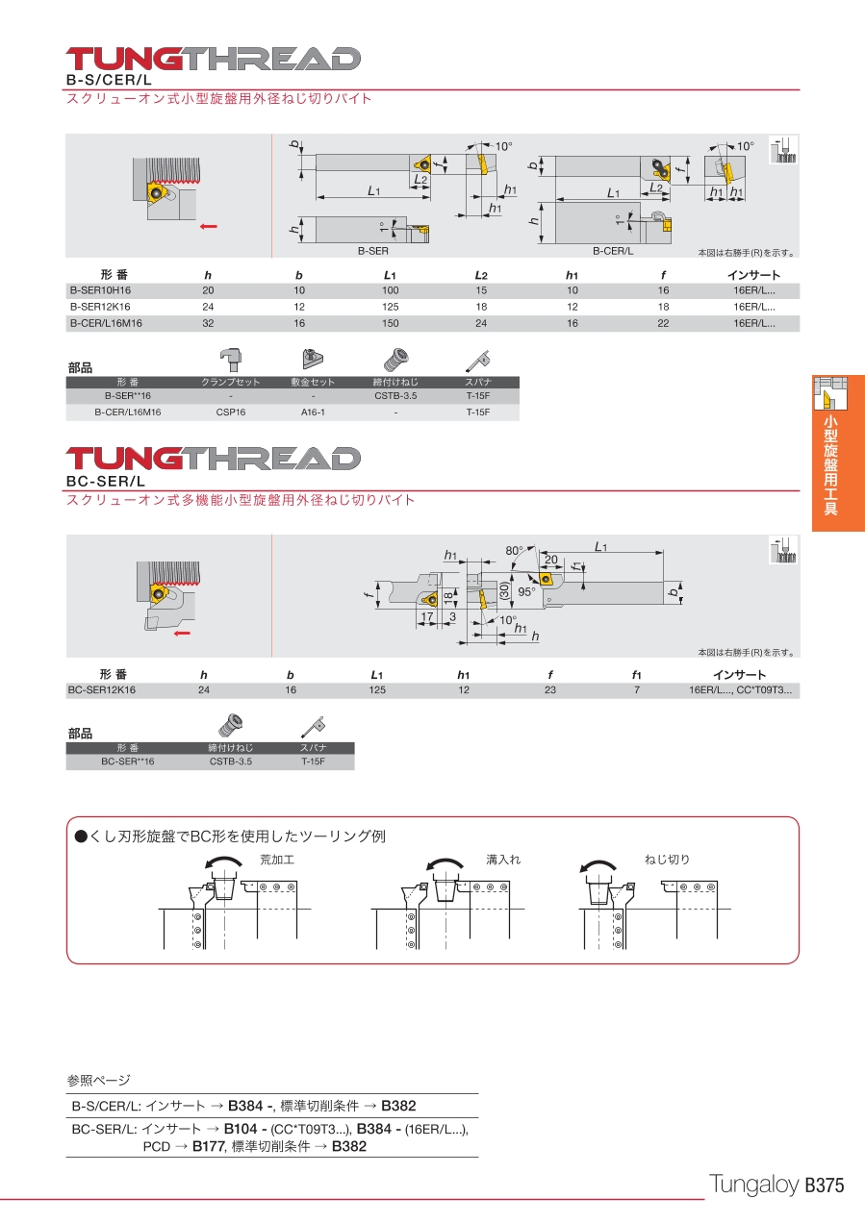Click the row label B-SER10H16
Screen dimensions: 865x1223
(100, 290)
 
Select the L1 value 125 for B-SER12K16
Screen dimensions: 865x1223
(390, 307)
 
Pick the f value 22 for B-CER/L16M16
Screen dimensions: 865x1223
(663, 323)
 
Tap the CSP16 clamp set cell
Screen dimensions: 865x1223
(231, 412)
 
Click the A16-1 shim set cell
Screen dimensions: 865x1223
(313, 412)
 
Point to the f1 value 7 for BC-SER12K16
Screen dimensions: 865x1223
(637, 690)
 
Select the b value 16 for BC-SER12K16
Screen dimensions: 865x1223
(291, 690)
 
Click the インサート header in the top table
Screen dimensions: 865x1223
(753, 275)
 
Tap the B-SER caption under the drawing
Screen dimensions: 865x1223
(373, 251)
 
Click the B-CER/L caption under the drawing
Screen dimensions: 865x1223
(613, 251)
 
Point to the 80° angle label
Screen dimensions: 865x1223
(514, 550)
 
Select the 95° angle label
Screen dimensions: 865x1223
(526, 592)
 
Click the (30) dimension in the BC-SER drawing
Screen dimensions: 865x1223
(504, 590)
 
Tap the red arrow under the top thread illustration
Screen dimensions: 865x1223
(208, 227)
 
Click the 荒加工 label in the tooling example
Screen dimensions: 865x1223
(277, 860)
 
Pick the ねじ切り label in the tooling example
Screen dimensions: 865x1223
(667, 860)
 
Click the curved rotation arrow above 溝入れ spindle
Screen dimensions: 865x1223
(445, 863)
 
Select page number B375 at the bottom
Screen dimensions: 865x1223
(825, 1186)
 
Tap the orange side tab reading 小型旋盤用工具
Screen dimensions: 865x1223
(838, 453)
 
